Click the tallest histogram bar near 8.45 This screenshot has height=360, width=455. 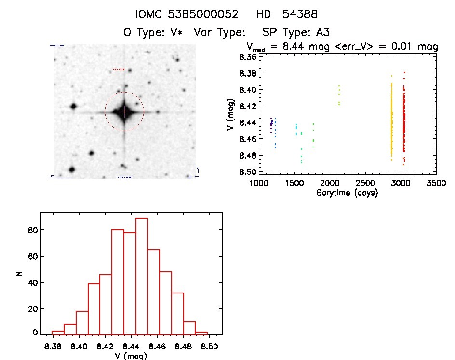pos(142,276)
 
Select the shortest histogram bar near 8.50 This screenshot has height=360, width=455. pos(201,333)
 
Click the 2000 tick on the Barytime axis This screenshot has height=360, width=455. pos(330,184)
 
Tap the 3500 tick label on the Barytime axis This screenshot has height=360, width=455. pos(436,184)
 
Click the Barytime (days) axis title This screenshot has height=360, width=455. pos(347,193)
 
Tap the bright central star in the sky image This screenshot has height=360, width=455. pos(124,112)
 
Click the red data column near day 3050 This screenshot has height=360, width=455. pos(404,120)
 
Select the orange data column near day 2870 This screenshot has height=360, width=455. pos(391,120)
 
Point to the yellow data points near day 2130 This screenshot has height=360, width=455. pos(339,95)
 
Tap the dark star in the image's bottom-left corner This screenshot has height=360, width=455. pos(72,170)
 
